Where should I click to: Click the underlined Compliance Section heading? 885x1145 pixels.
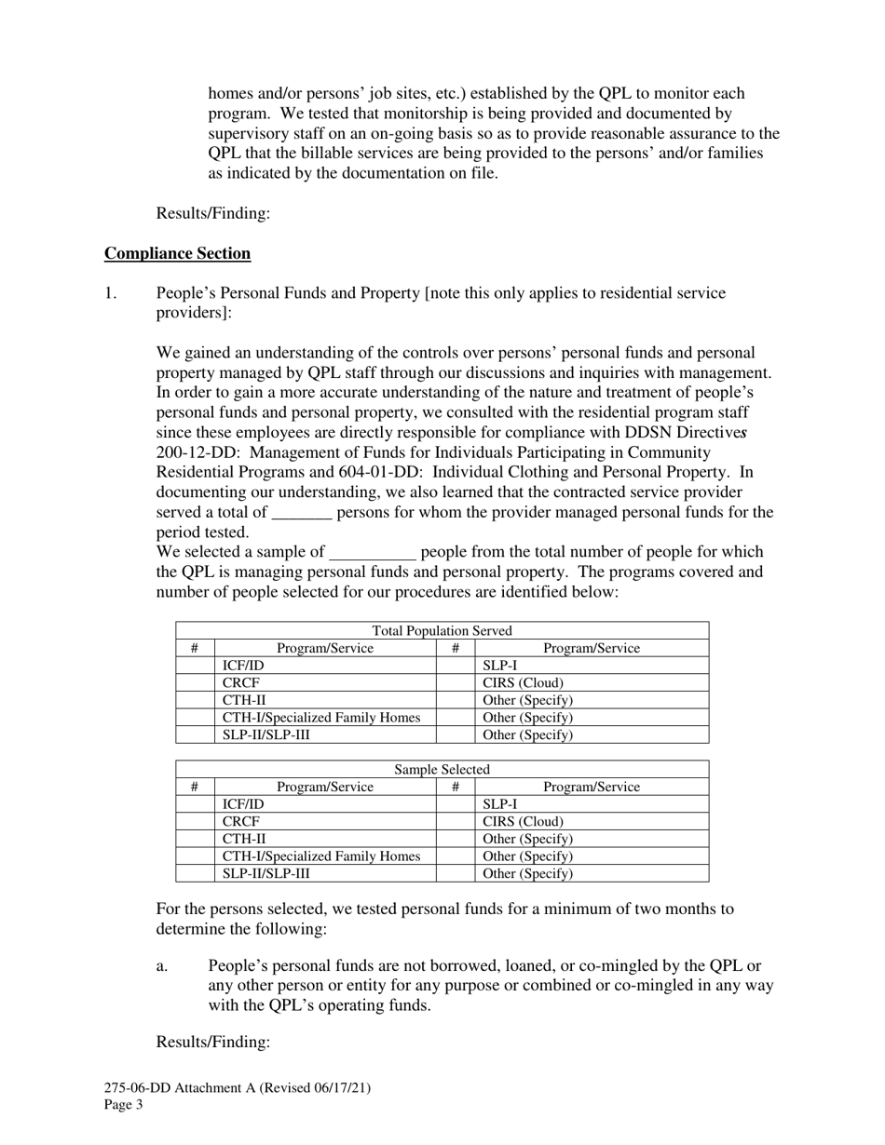point(177,253)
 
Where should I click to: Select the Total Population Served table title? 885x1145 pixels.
point(442,631)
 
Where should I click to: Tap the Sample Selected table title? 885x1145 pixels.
point(442,770)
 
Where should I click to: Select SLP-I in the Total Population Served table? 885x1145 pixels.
point(500,666)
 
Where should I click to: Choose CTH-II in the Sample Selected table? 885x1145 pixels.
point(244,839)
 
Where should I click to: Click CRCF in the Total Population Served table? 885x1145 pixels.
point(241,683)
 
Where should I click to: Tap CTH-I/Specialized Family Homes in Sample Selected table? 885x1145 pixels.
point(321,856)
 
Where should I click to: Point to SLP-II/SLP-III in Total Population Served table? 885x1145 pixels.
point(266,735)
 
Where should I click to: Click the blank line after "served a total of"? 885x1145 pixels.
point(303,513)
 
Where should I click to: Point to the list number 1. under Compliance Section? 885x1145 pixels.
point(111,293)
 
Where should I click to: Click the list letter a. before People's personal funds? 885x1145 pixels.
point(162,966)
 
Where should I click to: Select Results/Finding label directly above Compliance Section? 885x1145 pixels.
point(213,213)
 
